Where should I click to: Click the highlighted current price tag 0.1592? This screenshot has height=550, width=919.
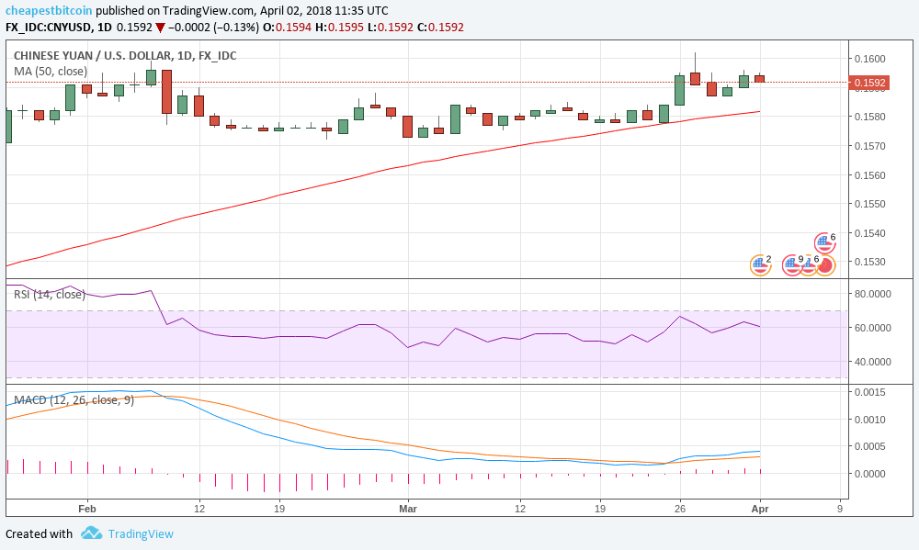869,84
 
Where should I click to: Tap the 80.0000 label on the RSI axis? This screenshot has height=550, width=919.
872,294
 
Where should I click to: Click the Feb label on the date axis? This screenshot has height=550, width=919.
87,508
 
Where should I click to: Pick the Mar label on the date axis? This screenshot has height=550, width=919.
407,508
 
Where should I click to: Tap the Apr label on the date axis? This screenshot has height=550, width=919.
760,508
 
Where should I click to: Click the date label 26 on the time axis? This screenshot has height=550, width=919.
679,508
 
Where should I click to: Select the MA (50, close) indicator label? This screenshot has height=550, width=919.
51,72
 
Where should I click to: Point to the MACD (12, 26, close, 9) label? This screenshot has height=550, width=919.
74,400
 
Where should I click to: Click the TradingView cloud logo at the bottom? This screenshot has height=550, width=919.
91,533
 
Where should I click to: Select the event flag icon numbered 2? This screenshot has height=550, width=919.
759,265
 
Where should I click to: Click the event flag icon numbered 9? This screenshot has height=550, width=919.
792,265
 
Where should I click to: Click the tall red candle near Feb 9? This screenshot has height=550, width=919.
166,92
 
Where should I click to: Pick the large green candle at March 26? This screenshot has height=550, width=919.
679,90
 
